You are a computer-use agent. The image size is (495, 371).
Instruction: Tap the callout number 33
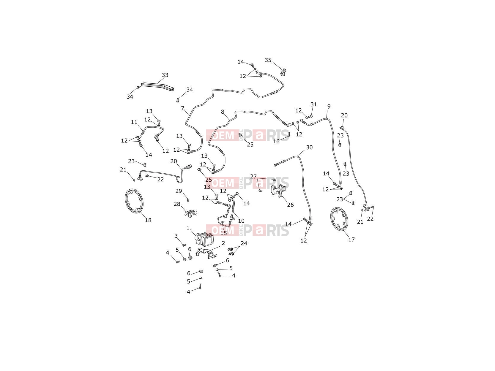tap(165, 75)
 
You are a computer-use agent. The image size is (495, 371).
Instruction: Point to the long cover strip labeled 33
tap(158, 87)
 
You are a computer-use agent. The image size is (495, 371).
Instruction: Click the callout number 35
tap(268, 60)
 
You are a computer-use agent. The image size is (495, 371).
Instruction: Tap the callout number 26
tap(290, 205)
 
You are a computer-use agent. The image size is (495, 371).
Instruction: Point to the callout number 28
tap(177, 204)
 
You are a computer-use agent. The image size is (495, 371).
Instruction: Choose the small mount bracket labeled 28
tap(191, 213)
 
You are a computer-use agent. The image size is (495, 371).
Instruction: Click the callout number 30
tap(309, 147)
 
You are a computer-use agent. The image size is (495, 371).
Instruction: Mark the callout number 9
tap(329, 106)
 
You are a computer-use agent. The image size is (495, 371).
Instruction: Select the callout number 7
tap(183, 108)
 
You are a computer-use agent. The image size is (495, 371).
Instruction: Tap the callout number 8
tap(223, 112)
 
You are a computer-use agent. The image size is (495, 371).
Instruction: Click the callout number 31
tap(313, 104)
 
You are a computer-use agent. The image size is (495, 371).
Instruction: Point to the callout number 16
tap(276, 142)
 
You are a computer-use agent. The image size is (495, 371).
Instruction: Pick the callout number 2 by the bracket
tap(223, 243)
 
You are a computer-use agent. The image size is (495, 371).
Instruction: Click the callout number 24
tap(244, 243)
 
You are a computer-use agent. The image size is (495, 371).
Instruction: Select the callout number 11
tap(134, 122)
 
